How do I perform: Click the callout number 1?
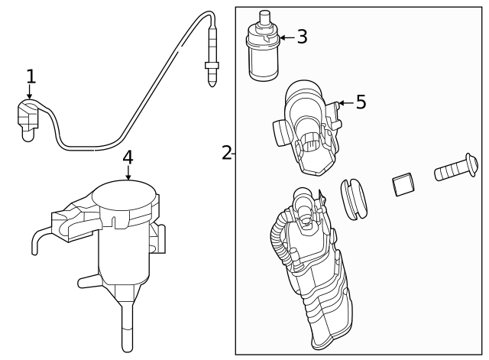31,76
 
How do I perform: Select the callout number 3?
302,37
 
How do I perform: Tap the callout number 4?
128,157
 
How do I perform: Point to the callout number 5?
361,102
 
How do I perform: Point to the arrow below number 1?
30,93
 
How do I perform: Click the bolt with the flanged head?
455,168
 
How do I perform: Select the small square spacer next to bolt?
403,184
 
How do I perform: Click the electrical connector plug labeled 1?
28,122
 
